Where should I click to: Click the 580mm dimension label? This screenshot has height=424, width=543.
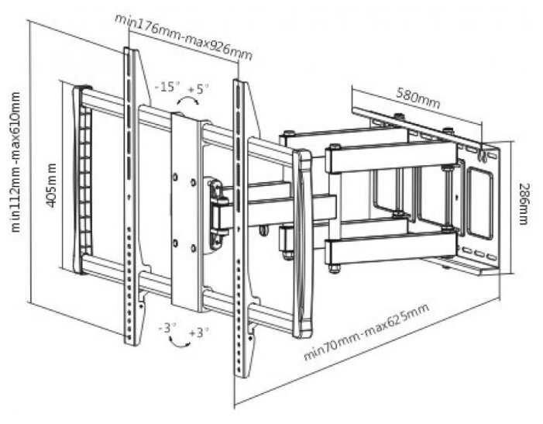[x=418, y=98]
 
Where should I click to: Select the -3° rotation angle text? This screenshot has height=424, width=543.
[x=165, y=328]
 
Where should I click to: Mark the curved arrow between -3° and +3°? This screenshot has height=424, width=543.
[x=183, y=340]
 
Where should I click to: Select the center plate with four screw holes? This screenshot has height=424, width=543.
[x=186, y=209]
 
